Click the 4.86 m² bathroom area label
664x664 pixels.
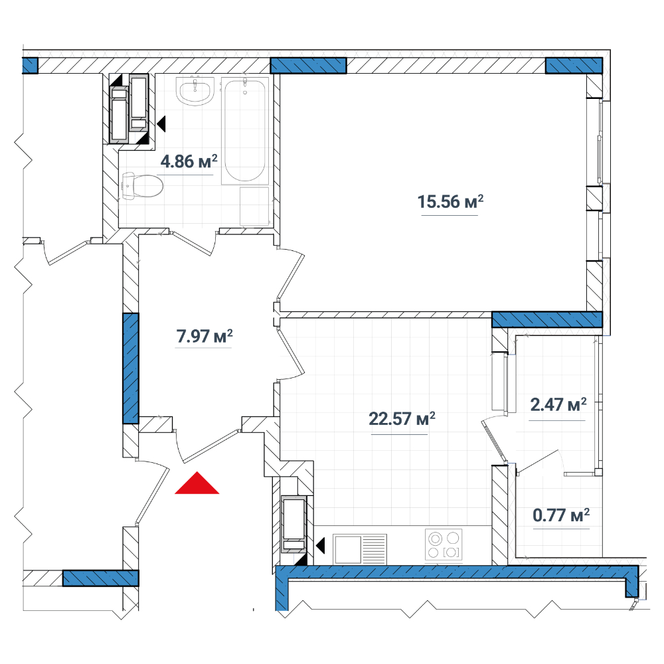tap(189, 161)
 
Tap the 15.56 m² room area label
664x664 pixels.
tap(450, 202)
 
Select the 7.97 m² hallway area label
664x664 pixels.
tap(205, 336)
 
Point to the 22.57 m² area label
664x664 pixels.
tap(402, 419)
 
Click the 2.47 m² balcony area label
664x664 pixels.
tap(558, 404)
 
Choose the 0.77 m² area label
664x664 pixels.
tap(561, 515)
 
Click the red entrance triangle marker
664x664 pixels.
tap(197, 483)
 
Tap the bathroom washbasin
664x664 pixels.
tap(195, 92)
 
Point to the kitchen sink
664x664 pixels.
tap(360, 549)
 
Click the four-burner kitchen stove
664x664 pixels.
tap(444, 545)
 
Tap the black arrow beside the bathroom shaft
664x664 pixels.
tap(161, 124)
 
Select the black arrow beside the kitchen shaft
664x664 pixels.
tap(320, 545)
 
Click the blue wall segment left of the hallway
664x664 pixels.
tap(130, 369)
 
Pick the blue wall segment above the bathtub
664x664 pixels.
tap(308, 66)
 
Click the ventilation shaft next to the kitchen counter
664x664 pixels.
tap(294, 525)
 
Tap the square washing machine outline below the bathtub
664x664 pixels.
tap(254, 206)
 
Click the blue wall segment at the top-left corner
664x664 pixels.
tap(30, 66)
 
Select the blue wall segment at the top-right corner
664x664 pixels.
tap(574, 66)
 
